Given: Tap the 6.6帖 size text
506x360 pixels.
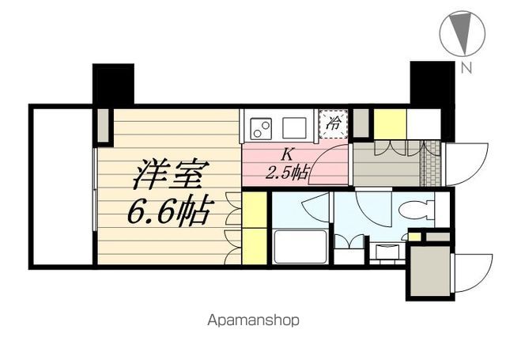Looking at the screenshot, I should [x=168, y=211].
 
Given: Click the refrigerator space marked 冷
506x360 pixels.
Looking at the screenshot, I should [x=334, y=123].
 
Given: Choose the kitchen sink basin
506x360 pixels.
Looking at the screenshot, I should [x=294, y=127].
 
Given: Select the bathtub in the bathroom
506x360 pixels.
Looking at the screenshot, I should [x=300, y=248].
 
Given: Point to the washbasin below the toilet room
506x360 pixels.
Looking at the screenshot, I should [x=387, y=252].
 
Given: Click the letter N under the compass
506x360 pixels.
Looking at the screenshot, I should [x=467, y=68].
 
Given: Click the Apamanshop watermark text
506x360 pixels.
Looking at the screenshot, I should [x=254, y=321].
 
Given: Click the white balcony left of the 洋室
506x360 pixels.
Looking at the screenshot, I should [x=62, y=187].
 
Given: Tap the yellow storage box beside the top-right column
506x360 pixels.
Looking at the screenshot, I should [x=389, y=124].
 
